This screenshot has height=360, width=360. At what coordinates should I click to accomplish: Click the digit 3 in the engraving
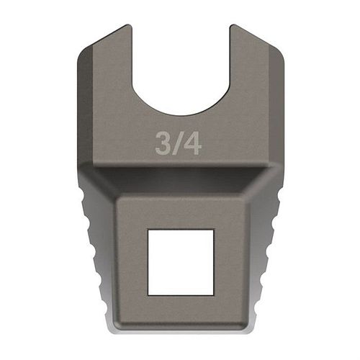coord(163,143)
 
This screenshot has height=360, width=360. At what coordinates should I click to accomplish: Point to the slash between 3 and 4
coord(176,143)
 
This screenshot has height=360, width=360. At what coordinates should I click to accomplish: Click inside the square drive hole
coord(181,262)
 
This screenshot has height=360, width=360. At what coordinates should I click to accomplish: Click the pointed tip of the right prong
coord(232,25)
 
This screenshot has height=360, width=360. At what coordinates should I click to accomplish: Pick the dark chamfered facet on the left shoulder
coord(85,106)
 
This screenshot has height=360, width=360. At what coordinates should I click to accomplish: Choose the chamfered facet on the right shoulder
coord(276,106)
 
